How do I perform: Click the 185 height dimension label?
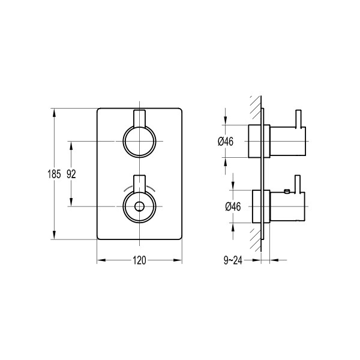click(x=54, y=174)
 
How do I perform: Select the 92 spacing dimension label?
click(x=71, y=174)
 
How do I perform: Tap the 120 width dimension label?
click(x=139, y=260)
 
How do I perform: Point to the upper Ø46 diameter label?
click(x=226, y=142)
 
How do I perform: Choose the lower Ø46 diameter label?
click(x=233, y=206)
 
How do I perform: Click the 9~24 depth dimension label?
click(x=233, y=260)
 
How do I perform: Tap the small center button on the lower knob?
click(x=139, y=206)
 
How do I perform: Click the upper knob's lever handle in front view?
click(x=139, y=118)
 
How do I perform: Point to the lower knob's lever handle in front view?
click(x=139, y=184)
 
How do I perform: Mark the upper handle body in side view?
click(x=287, y=141)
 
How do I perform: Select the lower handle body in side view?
click(x=287, y=206)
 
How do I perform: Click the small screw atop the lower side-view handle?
click(x=287, y=191)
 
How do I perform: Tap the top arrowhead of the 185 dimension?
click(x=54, y=113)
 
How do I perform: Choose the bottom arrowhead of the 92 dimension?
click(x=71, y=202)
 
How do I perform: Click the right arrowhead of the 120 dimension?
click(x=178, y=260)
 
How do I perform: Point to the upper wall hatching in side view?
click(x=256, y=107)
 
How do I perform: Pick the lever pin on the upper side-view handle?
click(x=298, y=118)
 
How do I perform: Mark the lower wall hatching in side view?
click(x=256, y=240)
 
